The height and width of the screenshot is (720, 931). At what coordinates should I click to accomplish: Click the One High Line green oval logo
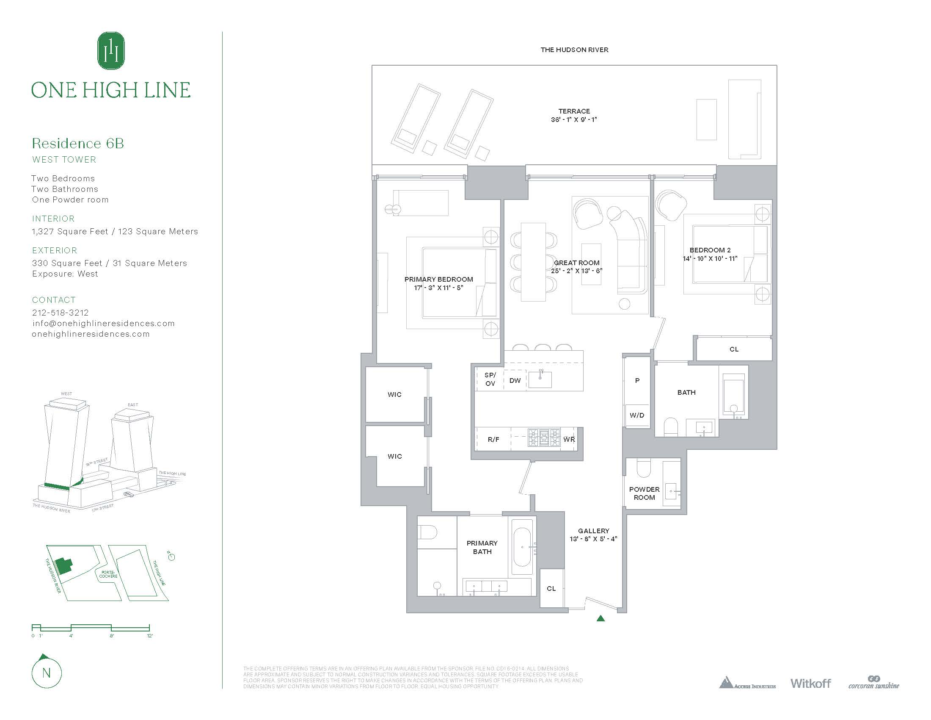[111, 51]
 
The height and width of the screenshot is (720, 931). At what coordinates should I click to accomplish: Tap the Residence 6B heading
[78, 143]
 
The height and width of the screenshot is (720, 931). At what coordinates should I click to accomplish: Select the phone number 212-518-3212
[61, 313]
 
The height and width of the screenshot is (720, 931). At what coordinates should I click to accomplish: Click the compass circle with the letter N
[47, 673]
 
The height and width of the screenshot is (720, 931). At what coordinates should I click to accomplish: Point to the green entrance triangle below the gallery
[600, 618]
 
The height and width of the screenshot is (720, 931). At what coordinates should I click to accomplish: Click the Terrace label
[574, 111]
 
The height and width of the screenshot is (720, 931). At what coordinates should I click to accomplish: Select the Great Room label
[576, 263]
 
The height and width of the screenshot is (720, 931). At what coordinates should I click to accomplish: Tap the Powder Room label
[644, 493]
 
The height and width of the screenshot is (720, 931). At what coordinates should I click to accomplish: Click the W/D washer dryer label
[637, 415]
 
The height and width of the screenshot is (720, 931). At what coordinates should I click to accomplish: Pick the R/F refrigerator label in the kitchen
[493, 439]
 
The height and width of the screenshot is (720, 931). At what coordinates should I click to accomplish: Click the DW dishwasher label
[515, 380]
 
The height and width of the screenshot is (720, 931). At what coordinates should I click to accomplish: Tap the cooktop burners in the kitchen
[544, 438]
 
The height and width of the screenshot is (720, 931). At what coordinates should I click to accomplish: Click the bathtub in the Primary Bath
[522, 547]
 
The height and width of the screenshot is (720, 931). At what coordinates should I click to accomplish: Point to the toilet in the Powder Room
[644, 468]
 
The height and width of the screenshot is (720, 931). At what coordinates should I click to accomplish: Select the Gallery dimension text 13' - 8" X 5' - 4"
[593, 539]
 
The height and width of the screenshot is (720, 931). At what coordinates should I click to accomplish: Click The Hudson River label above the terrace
[574, 50]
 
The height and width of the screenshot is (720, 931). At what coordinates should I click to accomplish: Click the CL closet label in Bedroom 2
[734, 349]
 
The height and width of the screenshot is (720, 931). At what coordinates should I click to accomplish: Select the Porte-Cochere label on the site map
[108, 574]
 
